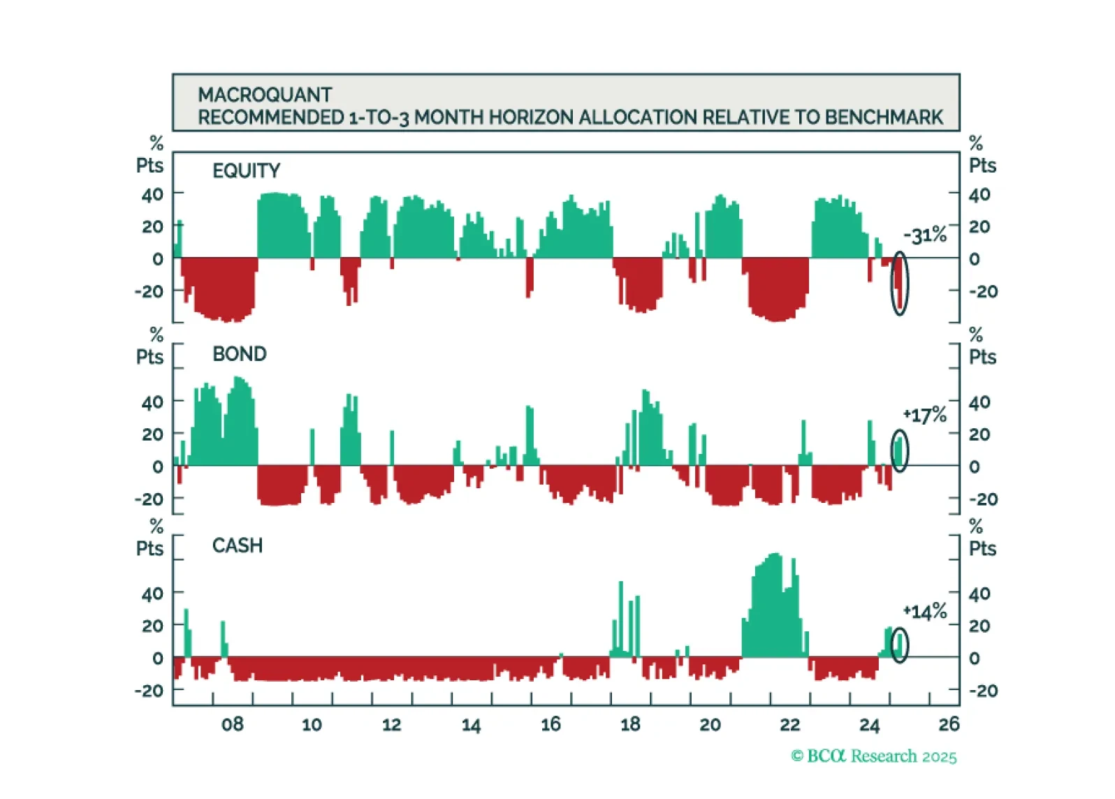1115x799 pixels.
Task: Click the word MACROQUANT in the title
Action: click(x=265, y=94)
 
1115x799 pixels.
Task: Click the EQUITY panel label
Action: click(x=246, y=170)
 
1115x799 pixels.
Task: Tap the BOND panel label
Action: click(x=240, y=354)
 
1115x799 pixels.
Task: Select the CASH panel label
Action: click(x=238, y=545)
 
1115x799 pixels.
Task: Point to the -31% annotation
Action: click(x=924, y=235)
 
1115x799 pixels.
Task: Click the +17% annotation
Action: click(x=924, y=416)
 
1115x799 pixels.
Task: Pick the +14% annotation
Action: click(x=924, y=613)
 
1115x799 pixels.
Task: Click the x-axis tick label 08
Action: click(x=233, y=724)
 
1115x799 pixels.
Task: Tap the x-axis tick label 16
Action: click(x=551, y=724)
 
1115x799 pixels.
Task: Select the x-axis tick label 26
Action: click(x=949, y=724)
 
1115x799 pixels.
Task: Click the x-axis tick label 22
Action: click(x=789, y=724)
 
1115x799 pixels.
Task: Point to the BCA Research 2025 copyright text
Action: click(x=874, y=756)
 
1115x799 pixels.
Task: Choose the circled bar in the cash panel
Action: click(x=900, y=645)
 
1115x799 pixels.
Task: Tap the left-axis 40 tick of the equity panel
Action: click(x=152, y=194)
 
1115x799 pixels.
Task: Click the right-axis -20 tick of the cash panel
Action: click(x=983, y=691)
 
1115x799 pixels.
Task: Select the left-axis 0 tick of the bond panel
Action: click(x=158, y=467)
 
